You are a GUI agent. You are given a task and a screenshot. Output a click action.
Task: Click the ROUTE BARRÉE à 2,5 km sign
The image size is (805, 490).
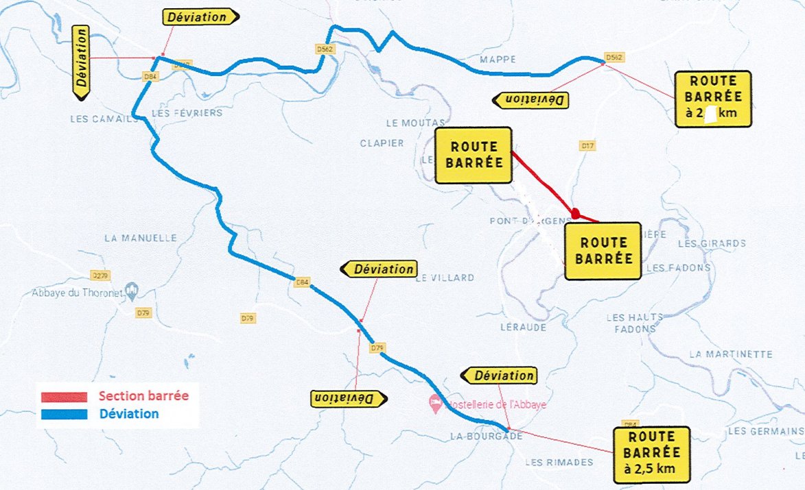(652, 452)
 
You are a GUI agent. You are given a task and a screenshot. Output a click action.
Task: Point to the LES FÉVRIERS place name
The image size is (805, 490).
(187, 112)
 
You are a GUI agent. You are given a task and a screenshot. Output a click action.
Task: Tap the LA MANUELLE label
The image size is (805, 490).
(141, 238)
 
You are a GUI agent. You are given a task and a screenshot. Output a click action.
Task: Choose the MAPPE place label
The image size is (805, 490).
(498, 60)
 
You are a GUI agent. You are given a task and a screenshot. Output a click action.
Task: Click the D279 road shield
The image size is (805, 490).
(100, 275)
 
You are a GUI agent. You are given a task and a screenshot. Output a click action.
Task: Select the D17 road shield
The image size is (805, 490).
(587, 146)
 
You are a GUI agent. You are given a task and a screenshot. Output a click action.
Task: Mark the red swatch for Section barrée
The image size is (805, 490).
(62, 397)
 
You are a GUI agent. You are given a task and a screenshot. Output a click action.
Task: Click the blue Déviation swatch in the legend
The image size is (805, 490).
(62, 414)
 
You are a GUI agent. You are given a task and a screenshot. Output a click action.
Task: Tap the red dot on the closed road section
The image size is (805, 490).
(576, 214)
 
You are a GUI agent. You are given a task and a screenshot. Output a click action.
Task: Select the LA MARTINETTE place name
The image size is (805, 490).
(730, 354)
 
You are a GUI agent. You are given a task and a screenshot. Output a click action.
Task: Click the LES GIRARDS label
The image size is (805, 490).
(711, 243)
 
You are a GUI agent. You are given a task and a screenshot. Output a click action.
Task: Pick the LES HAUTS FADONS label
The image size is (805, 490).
(631, 323)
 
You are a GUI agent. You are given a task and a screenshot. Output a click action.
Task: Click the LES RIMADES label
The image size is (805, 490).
(559, 462)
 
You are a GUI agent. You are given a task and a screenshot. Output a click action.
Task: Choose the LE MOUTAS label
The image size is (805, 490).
(411, 123)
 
